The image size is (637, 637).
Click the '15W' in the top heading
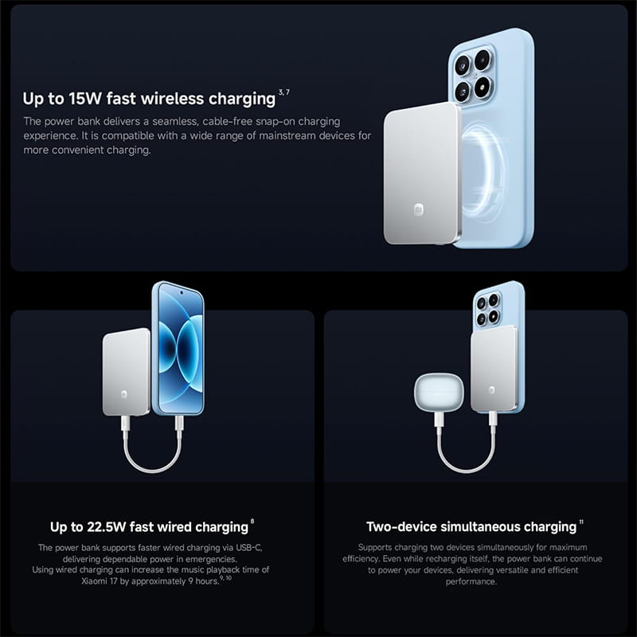[85, 99]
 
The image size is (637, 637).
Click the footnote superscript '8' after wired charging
[252, 522]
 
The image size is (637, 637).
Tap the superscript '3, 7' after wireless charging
[284, 92]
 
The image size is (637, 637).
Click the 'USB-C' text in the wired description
[248, 548]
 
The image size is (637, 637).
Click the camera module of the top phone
[473, 74]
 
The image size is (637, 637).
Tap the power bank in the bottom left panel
[127, 372]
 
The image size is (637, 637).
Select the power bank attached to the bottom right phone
[494, 369]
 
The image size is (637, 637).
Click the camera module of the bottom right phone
[487, 309]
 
